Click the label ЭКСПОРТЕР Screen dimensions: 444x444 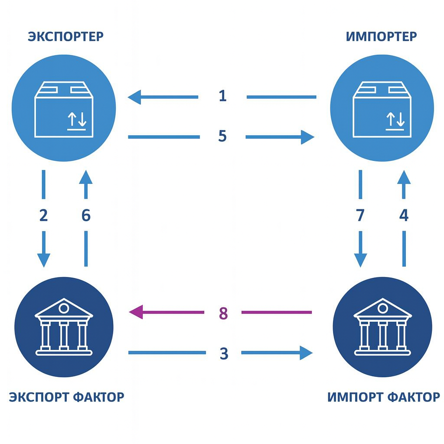(66, 36)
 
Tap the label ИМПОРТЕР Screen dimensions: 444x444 (382, 36)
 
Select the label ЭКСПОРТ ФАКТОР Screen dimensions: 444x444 (67, 396)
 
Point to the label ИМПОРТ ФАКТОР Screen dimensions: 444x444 (384, 396)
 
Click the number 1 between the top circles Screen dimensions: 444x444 (222, 95)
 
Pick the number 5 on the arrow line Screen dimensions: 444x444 (222, 137)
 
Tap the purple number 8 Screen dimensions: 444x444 (223, 313)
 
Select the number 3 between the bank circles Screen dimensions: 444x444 (223, 353)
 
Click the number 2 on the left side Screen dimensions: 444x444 (43, 215)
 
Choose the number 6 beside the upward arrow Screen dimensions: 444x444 (86, 215)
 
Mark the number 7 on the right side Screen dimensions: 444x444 (360, 215)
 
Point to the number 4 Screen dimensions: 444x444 (404, 215)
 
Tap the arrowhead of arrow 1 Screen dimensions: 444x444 (134, 97)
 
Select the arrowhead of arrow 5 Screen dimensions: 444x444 (307, 137)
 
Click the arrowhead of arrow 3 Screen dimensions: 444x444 (306, 353)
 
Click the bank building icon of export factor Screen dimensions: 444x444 (64, 326)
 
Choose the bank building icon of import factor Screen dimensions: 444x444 (382, 326)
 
